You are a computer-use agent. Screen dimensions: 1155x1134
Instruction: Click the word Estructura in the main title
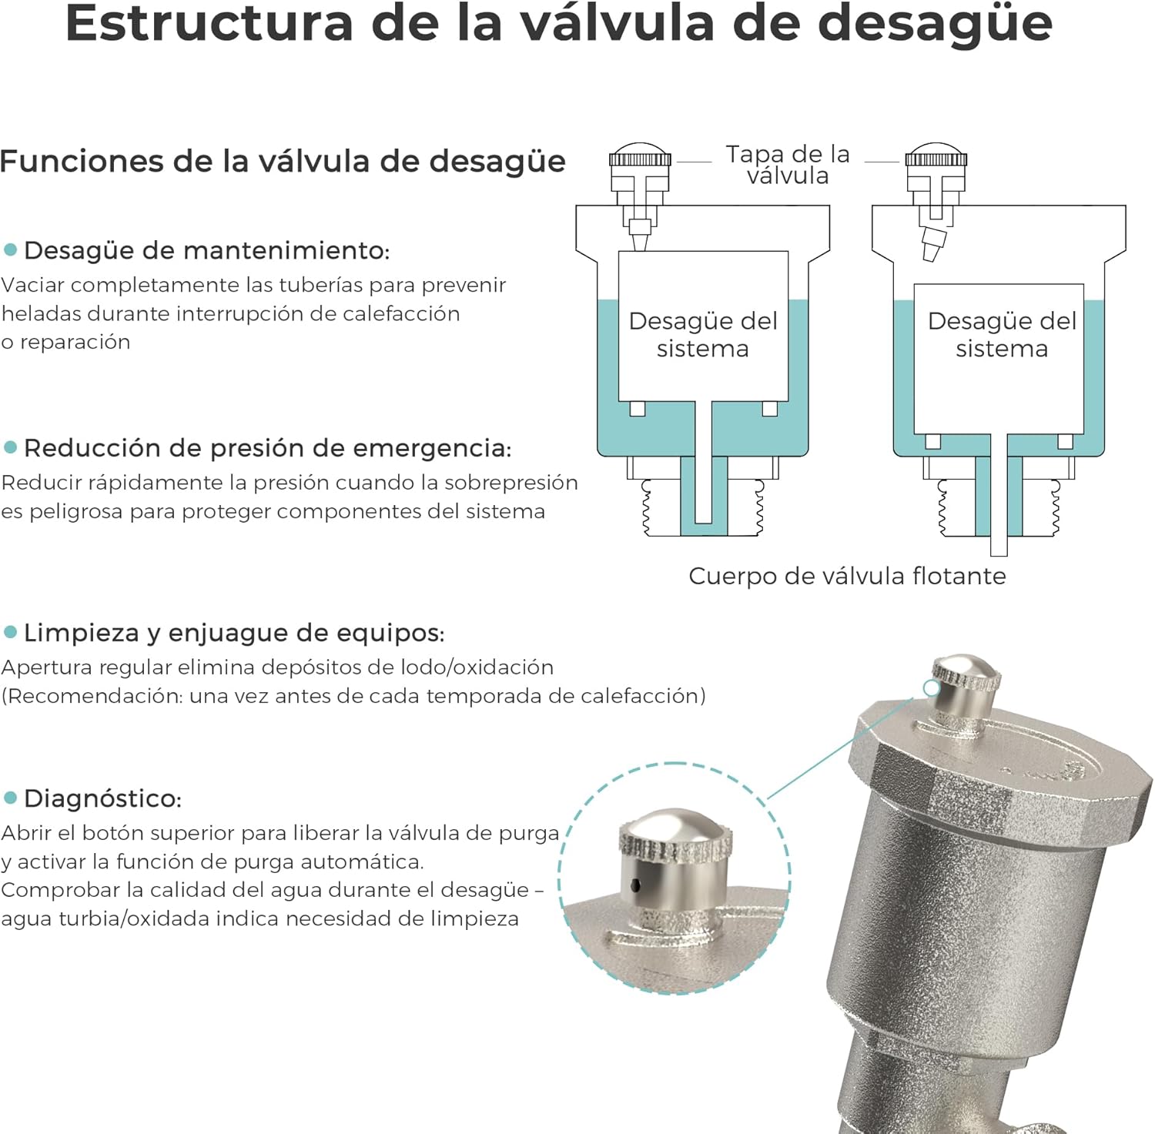pyautogui.click(x=209, y=22)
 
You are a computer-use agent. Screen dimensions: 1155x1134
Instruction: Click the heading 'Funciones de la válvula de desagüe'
pyautogui.click(x=283, y=162)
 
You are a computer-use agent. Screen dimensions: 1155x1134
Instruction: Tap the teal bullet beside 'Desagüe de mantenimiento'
pyautogui.click(x=11, y=249)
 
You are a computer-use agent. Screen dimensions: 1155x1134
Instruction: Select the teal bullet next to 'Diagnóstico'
pyautogui.click(x=11, y=798)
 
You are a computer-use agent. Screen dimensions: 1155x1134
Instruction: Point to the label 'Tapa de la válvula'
pyautogui.click(x=788, y=165)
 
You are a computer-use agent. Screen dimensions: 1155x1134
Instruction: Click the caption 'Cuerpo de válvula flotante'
pyautogui.click(x=847, y=576)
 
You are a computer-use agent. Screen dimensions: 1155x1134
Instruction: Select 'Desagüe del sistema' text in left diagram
pyautogui.click(x=703, y=335)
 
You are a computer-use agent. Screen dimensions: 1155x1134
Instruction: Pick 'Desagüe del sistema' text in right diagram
pyautogui.click(x=1002, y=335)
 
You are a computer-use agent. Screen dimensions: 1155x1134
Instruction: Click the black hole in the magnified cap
pyautogui.click(x=634, y=886)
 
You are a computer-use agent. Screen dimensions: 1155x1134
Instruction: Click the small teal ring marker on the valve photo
pyautogui.click(x=932, y=687)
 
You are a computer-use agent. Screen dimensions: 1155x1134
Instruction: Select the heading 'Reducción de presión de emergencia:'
pyautogui.click(x=267, y=448)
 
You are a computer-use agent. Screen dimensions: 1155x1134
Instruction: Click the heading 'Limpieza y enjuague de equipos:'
pyautogui.click(x=234, y=633)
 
